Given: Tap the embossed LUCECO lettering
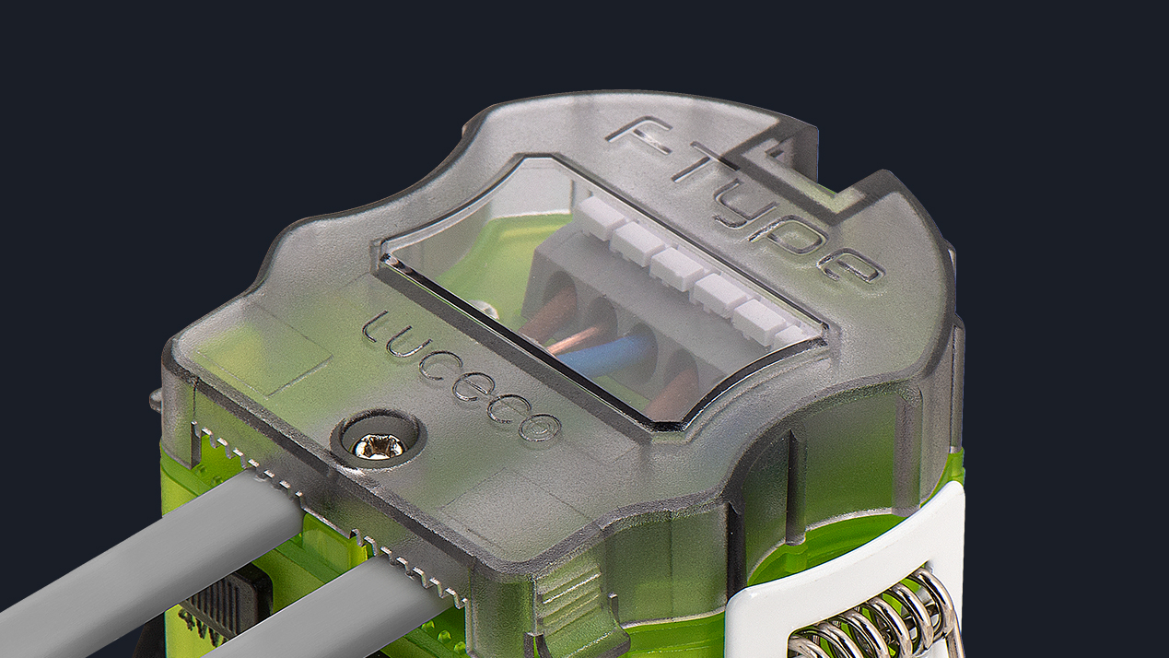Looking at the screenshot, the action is [x=460, y=376].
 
